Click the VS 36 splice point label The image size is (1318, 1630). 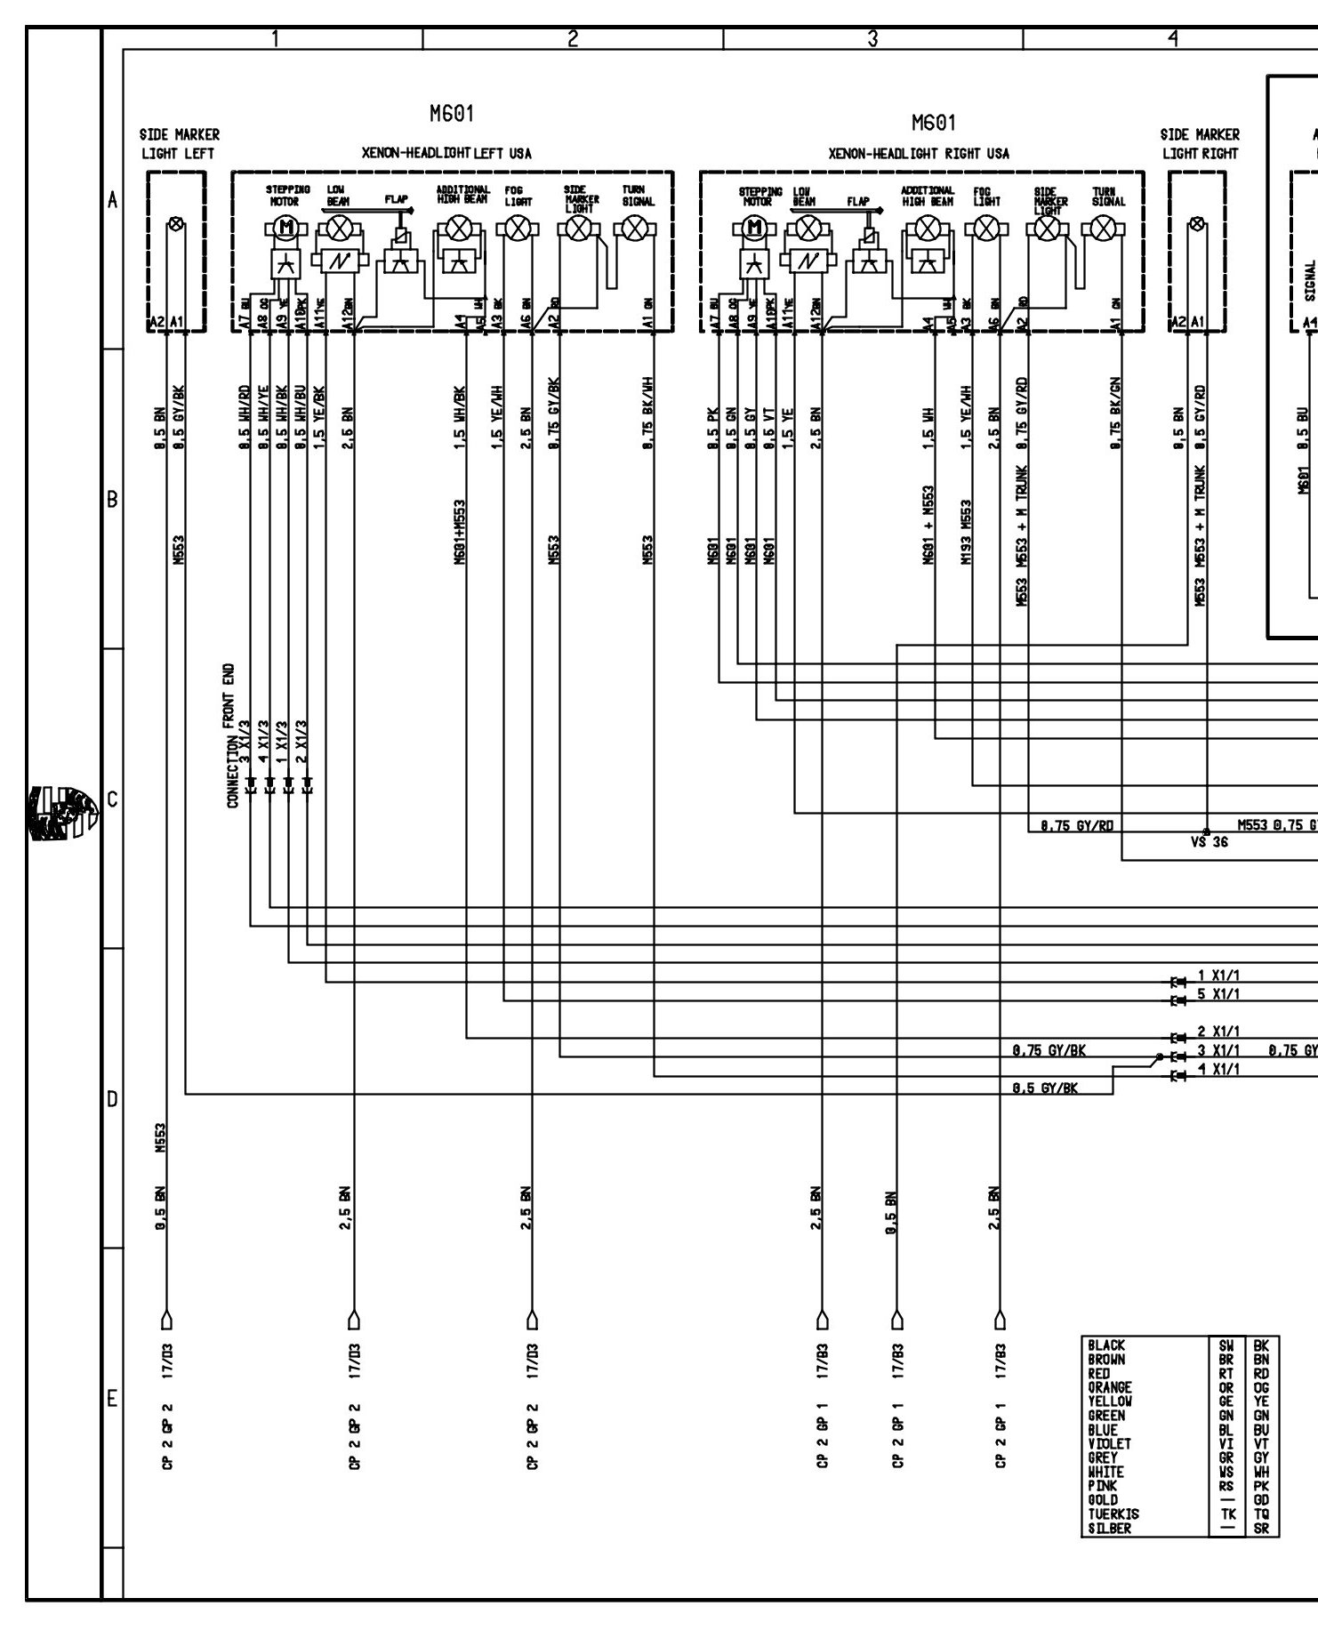point(1208,841)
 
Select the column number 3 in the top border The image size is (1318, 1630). point(872,38)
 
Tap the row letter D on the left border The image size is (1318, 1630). point(112,1099)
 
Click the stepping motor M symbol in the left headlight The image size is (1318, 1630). point(286,229)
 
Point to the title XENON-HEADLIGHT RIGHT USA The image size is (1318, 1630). point(919,154)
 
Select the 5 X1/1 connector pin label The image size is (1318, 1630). point(1218,993)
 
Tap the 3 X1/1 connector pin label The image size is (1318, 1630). point(1218,1050)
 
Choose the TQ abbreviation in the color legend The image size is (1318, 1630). point(1260,1514)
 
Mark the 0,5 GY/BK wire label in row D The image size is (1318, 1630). point(1045,1087)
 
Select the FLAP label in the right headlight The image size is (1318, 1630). point(858,202)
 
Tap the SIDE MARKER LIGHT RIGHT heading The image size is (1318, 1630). point(1200,144)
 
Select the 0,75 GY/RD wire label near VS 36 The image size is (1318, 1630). point(1071,825)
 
